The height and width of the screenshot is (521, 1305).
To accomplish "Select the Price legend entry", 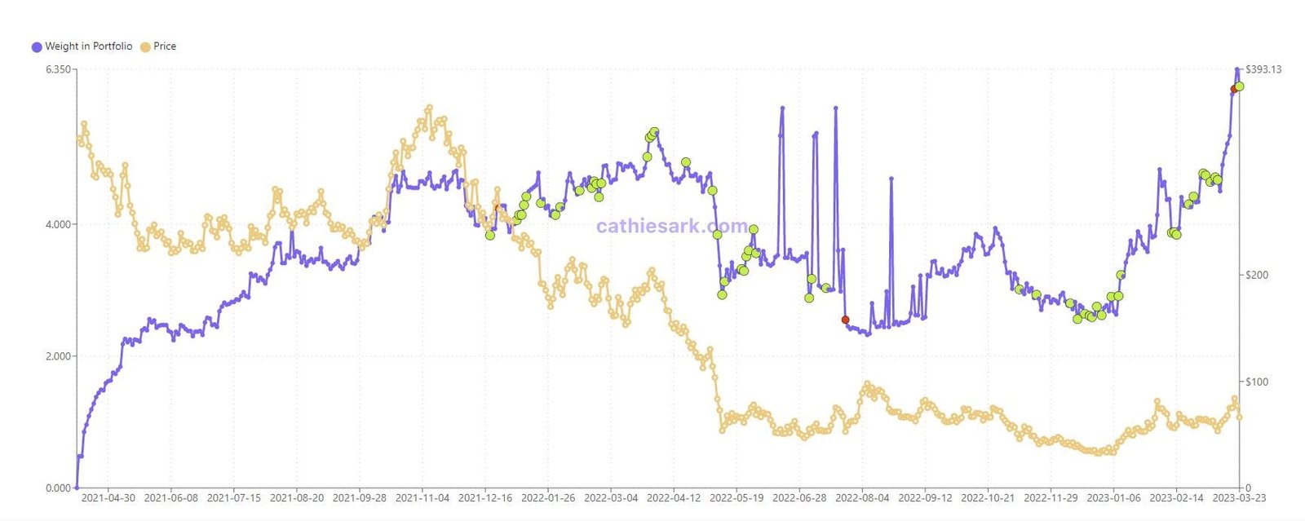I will pyautogui.click(x=159, y=46).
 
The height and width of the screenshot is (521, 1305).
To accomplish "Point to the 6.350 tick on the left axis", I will pyautogui.click(x=59, y=69).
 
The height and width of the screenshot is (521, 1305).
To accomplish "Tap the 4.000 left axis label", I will pyautogui.click(x=59, y=224).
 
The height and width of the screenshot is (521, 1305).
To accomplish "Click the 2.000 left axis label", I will pyautogui.click(x=59, y=356).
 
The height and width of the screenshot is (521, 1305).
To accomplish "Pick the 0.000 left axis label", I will pyautogui.click(x=59, y=488).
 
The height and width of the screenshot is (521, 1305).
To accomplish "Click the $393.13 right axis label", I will pyautogui.click(x=1263, y=69).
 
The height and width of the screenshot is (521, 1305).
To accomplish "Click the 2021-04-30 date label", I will pyautogui.click(x=108, y=498).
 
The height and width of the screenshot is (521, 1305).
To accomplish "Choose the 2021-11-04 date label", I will pyautogui.click(x=422, y=498).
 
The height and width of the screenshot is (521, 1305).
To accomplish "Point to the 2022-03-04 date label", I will pyautogui.click(x=611, y=498).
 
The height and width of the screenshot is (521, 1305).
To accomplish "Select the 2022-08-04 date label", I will pyautogui.click(x=862, y=498).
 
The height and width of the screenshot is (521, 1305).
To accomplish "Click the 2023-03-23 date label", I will pyautogui.click(x=1239, y=498).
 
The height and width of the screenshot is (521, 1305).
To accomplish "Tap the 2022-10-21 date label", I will pyautogui.click(x=988, y=498).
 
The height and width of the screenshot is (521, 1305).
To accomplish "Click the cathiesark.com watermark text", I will pyautogui.click(x=671, y=226).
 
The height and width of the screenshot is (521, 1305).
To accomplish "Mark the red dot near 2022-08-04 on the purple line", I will pyautogui.click(x=845, y=320).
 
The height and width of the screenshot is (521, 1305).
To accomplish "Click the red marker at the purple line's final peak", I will pyautogui.click(x=1233, y=90).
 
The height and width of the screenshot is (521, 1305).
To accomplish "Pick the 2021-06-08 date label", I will pyautogui.click(x=171, y=498).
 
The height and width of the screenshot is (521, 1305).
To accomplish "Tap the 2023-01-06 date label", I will pyautogui.click(x=1113, y=498).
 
